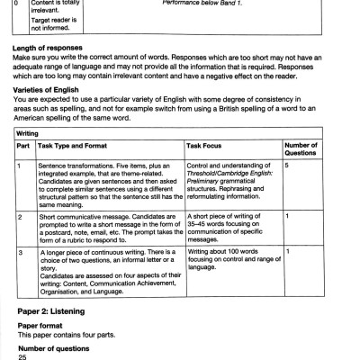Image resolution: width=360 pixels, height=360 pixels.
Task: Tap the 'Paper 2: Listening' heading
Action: pos(59,310)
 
